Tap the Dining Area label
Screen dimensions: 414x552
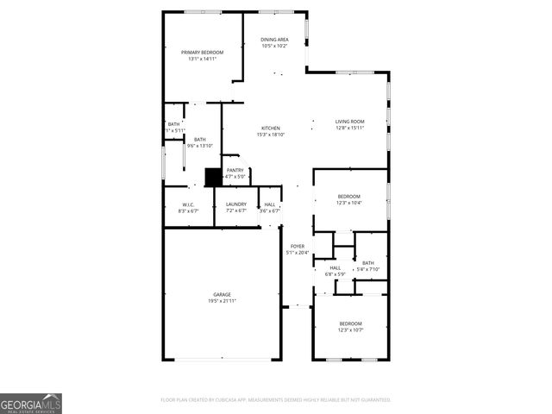click(x=274, y=40)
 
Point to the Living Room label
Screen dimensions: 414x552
click(x=349, y=122)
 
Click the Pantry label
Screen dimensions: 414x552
click(x=235, y=171)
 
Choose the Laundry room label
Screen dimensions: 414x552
click(x=235, y=204)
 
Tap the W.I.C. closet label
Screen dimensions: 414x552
click(x=188, y=204)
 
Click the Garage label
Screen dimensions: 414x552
click(x=222, y=295)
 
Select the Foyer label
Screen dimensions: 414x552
click(x=297, y=247)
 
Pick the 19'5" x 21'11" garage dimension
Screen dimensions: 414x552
click(x=222, y=301)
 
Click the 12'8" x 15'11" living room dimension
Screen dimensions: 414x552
click(x=349, y=128)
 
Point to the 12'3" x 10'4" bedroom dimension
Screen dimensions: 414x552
click(x=348, y=203)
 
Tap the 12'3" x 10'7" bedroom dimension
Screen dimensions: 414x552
click(x=350, y=329)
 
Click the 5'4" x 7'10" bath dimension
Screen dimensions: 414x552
click(x=368, y=269)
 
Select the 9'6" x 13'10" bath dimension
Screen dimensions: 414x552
click(x=199, y=146)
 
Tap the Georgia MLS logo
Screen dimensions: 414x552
click(x=31, y=403)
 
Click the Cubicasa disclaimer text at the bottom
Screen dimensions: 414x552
click(x=276, y=399)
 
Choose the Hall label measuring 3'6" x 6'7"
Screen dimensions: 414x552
click(x=270, y=204)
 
